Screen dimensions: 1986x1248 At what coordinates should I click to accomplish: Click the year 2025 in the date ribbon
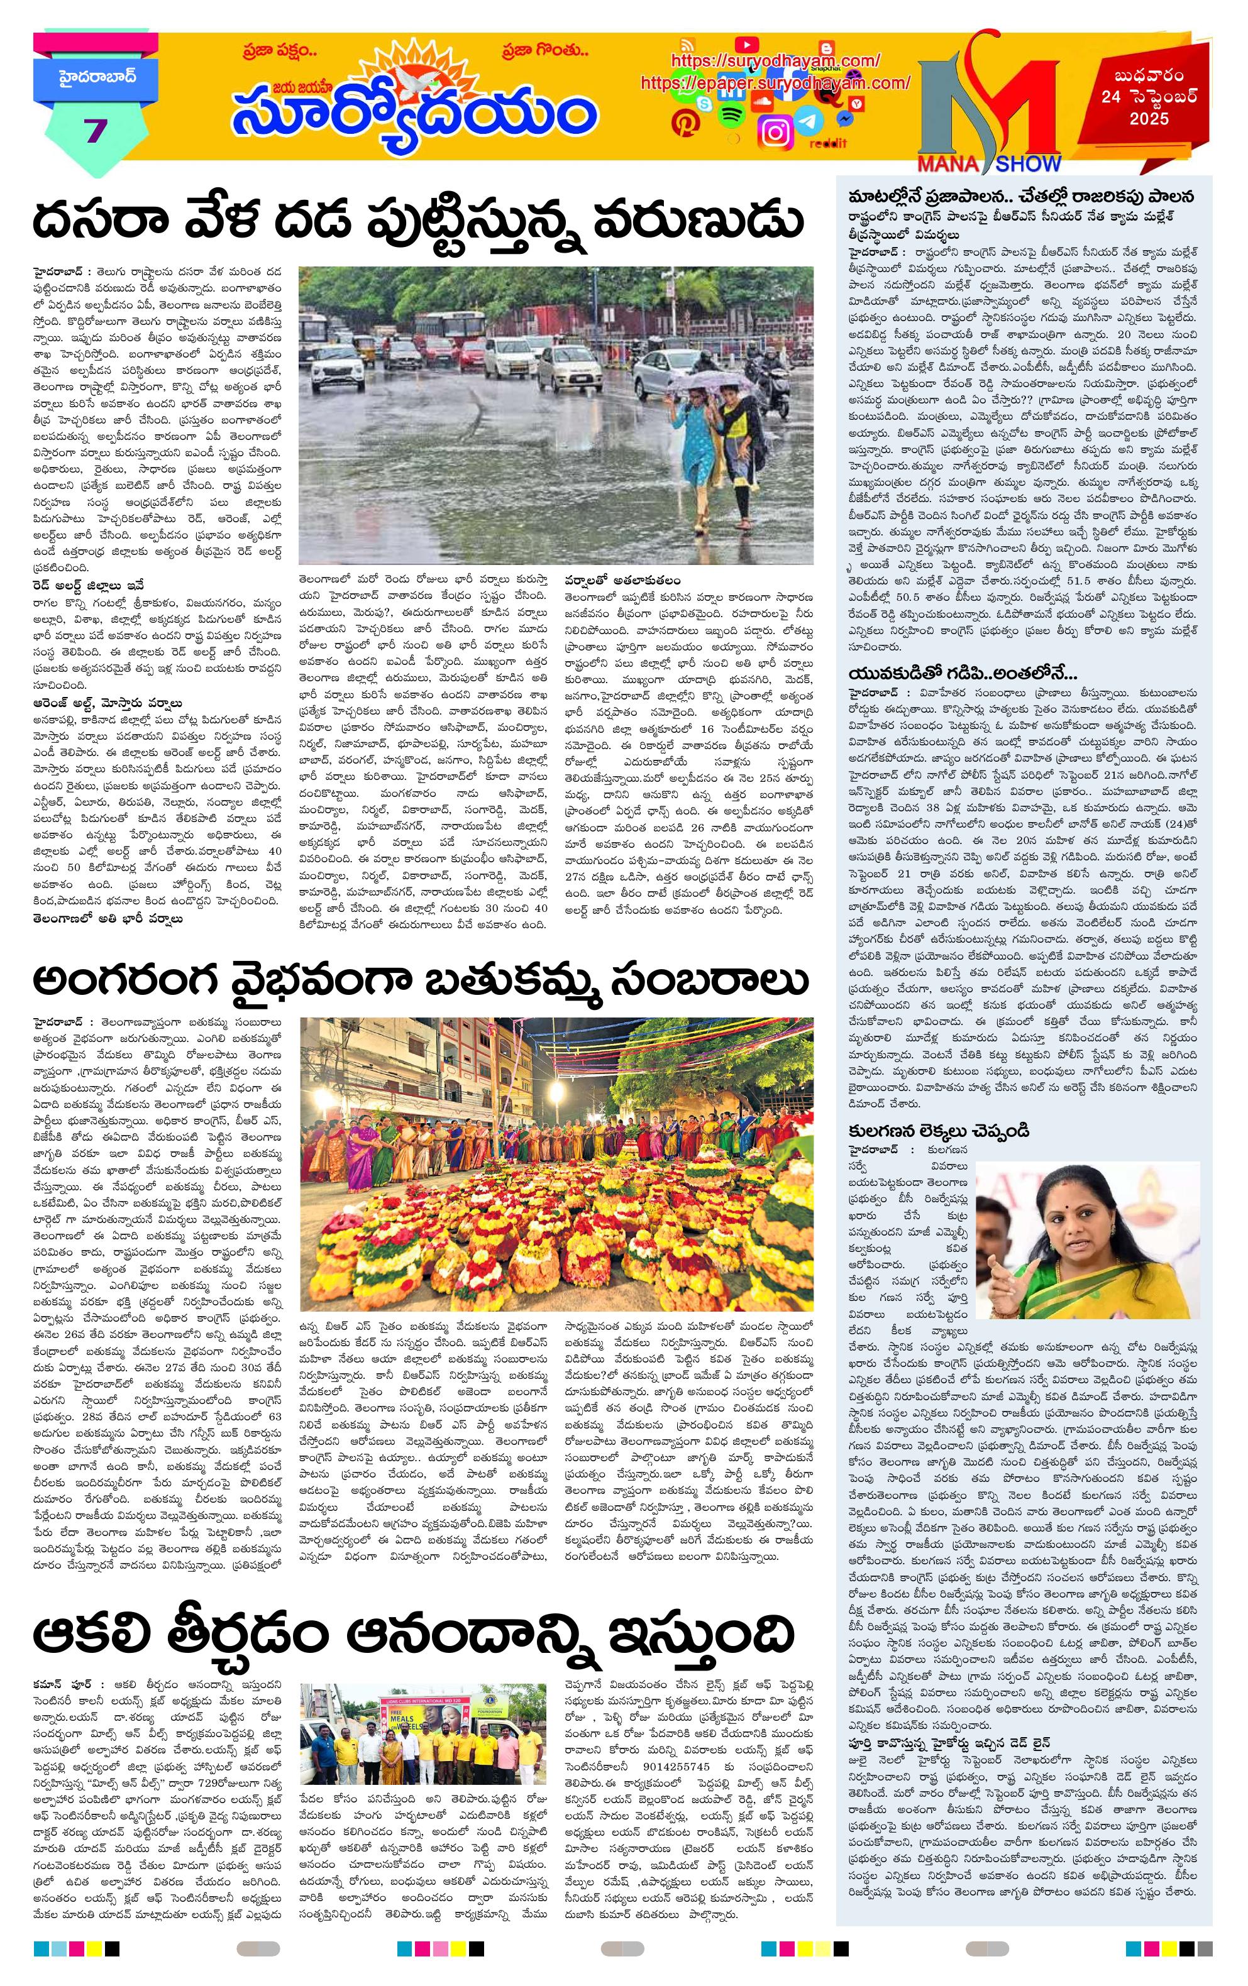[x=1149, y=119]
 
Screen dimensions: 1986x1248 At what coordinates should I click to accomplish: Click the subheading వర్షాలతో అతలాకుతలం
[x=623, y=581]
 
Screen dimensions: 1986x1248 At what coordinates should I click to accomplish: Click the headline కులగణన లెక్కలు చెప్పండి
[x=939, y=1131]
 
